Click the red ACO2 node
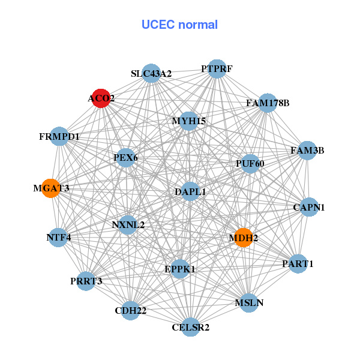101,98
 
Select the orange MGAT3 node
51,188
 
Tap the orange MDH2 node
244,238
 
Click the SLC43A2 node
151,74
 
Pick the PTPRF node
217,69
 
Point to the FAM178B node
268,103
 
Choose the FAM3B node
307,151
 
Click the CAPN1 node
309,208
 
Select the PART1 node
298,263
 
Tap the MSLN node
249,303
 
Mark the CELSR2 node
190,327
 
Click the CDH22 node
130,310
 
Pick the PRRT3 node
86,281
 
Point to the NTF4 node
59,237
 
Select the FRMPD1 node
59,137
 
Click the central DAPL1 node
190,192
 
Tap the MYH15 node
189,121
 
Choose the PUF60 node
250,163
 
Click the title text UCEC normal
179,25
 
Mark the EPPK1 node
180,269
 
